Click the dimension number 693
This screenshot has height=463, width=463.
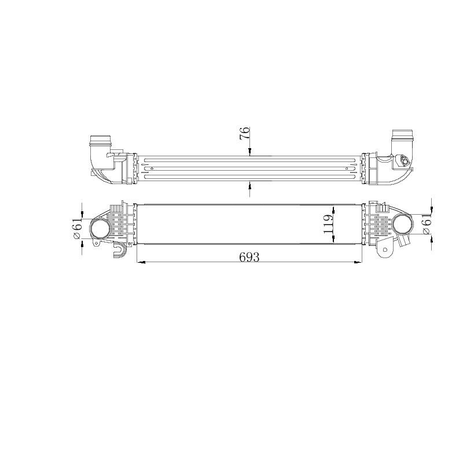click(x=249, y=256)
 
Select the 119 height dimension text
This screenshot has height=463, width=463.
click(x=328, y=224)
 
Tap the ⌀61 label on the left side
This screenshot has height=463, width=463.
click(x=78, y=227)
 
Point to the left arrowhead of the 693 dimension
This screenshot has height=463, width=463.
click(x=139, y=262)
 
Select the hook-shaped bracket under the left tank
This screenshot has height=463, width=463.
click(x=121, y=250)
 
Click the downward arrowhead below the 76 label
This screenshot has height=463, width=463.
click(x=249, y=153)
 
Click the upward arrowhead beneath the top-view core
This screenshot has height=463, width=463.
click(x=249, y=185)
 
